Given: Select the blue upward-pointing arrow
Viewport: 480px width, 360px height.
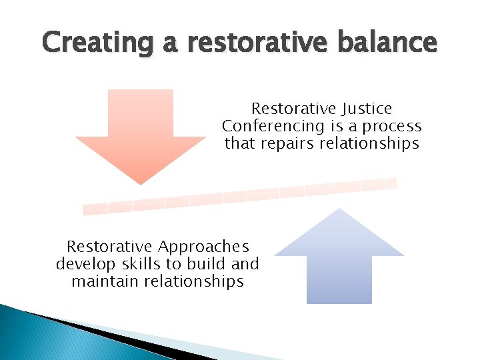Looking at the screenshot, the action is coord(339,257).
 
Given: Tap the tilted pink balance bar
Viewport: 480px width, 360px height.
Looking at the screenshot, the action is coord(240,196).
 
